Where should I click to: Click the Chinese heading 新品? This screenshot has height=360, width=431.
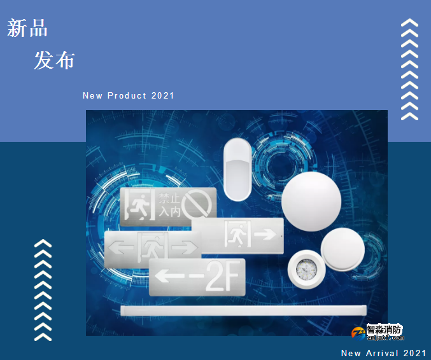[27, 29]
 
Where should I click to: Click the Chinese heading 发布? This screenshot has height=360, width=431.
[54, 60]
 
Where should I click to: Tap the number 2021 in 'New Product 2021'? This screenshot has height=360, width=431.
[163, 96]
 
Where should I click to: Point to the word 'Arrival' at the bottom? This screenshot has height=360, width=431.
[382, 353]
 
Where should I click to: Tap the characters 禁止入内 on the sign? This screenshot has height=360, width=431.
[169, 204]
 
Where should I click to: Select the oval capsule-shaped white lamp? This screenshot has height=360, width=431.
[237, 169]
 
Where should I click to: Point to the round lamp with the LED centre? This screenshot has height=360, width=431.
[307, 270]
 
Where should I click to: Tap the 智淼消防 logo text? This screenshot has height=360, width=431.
[385, 329]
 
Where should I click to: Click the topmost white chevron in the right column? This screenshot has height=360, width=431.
[409, 24]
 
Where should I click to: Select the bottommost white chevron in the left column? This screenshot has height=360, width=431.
[43, 335]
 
